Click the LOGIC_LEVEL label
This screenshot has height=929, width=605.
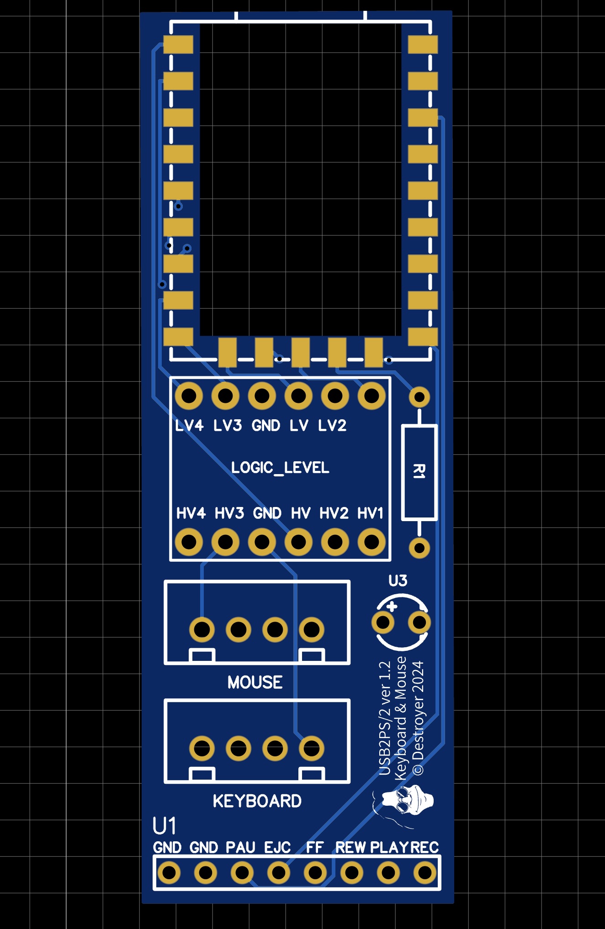[280, 468]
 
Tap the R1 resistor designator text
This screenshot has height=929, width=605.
[419, 471]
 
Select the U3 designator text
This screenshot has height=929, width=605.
[398, 581]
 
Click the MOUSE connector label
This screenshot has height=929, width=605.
[255, 682]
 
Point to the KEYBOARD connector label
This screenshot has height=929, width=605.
[257, 801]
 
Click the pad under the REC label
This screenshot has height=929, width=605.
[425, 873]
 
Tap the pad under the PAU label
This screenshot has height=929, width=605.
[242, 873]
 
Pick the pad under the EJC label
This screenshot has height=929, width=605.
[278, 873]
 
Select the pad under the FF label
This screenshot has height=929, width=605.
[315, 873]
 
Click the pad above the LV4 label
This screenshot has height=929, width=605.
[189, 396]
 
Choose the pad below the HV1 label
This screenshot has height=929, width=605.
[371, 542]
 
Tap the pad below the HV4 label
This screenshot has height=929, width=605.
[189, 542]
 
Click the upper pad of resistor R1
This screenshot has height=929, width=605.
[419, 397]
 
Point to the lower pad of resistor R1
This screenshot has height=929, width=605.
[419, 548]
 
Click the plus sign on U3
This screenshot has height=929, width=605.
[392, 607]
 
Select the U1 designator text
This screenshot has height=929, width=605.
[164, 826]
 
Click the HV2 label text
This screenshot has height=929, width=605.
[334, 513]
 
